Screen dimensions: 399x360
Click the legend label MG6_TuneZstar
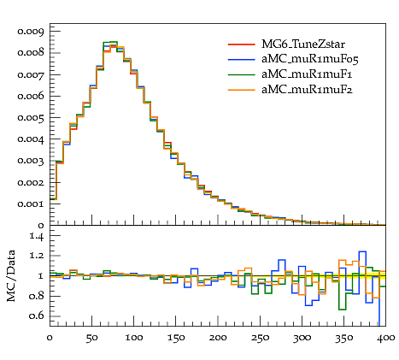(x=303, y=44)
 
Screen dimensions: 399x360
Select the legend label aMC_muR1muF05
(x=310, y=59)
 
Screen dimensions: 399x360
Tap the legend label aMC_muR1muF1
(x=307, y=74)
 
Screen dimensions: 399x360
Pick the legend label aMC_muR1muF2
(x=307, y=90)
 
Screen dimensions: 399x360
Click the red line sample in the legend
(x=241, y=44)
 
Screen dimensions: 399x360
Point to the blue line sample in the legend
(x=241, y=60)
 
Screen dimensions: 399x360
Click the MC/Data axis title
(x=11, y=276)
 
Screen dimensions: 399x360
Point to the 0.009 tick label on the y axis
(x=31, y=32)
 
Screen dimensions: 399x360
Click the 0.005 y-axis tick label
(x=31, y=118)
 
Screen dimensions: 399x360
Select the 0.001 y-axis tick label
(x=31, y=204)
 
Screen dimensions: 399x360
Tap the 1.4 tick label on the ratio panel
(x=37, y=236)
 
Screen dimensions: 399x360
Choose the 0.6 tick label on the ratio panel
(x=37, y=316)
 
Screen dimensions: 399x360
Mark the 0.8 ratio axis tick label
(x=37, y=296)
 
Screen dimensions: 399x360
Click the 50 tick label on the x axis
(x=91, y=338)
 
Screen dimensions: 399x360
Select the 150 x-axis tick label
(x=176, y=338)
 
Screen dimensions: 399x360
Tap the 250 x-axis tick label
(x=260, y=338)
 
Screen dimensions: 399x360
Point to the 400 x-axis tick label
(x=385, y=338)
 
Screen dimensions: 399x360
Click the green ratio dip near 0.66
(x=342, y=310)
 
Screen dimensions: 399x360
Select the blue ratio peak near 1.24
(x=362, y=251)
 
